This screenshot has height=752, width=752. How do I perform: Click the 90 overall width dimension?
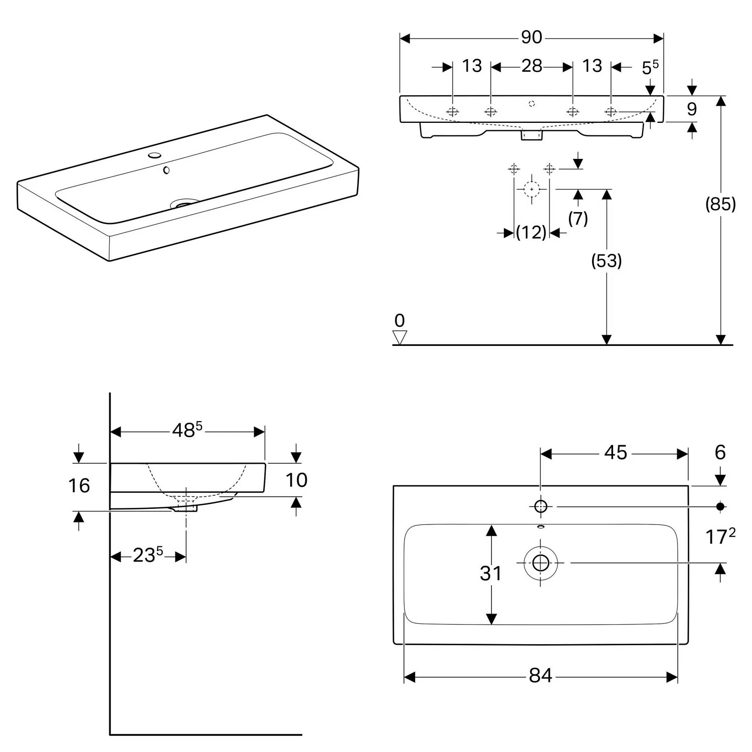click(x=531, y=37)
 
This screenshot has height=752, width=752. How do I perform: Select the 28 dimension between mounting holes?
click(x=531, y=66)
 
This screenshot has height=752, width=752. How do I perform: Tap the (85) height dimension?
click(x=720, y=204)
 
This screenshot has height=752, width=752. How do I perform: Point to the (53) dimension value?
click(x=607, y=261)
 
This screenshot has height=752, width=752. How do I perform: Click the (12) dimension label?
click(x=531, y=233)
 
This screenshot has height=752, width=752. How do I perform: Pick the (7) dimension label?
click(x=578, y=219)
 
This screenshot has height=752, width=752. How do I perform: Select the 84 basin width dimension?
click(x=540, y=676)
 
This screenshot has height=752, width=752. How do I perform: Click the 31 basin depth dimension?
click(x=490, y=574)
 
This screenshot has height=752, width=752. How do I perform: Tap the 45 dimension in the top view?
click(x=615, y=453)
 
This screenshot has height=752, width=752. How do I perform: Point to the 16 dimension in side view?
click(x=79, y=486)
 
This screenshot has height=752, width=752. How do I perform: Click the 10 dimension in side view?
click(x=296, y=480)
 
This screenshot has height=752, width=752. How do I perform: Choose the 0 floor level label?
click(x=400, y=320)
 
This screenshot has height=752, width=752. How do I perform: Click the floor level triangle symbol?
click(x=400, y=337)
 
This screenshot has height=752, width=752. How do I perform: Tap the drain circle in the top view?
click(x=540, y=563)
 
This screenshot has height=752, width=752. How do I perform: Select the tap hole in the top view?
click(x=540, y=506)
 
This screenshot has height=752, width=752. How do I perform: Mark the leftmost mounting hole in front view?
click(x=452, y=112)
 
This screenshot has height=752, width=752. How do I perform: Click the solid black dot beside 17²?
click(x=720, y=507)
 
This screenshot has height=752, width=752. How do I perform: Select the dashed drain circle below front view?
click(x=531, y=189)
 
